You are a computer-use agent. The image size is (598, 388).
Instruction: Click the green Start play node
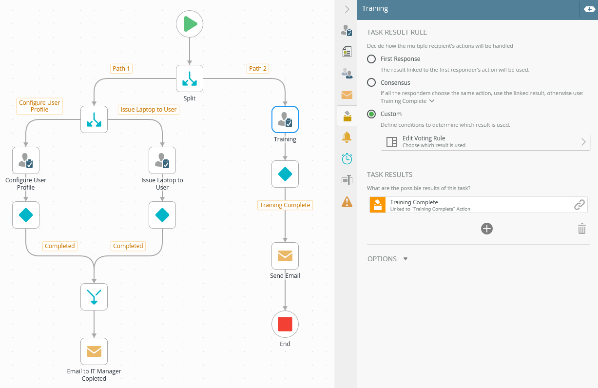pos(190,24)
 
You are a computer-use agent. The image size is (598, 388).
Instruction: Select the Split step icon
pos(190,78)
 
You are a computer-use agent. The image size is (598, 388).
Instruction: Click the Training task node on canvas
pos(285,119)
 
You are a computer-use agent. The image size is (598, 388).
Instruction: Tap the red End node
pos(285,324)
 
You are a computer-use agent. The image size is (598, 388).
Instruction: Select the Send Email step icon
pos(285,256)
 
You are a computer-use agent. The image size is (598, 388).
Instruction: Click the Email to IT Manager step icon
pos(94,351)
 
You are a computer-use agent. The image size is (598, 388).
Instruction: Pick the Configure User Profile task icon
pos(26,160)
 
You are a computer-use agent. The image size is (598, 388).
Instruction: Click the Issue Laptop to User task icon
pos(162,160)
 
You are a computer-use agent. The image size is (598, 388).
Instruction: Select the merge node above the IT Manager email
pos(94,297)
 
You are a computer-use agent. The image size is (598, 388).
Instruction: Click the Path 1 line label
pos(121,69)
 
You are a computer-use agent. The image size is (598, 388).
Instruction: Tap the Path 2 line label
pos(258,69)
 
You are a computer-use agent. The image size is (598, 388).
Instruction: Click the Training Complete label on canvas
pos(285,205)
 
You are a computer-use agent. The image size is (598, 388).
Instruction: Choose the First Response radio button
pos(371,59)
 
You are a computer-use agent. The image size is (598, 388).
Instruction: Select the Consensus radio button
pos(371,82)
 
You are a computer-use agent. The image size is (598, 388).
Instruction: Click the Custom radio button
pos(371,114)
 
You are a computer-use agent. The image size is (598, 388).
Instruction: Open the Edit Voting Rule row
pos(485,142)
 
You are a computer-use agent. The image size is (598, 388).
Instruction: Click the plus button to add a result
pos(487,229)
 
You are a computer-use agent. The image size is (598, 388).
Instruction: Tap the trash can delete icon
pos(581,229)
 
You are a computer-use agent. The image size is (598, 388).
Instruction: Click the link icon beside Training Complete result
pos(579,205)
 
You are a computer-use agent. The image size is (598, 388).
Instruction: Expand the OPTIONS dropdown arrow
pos(405,259)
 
